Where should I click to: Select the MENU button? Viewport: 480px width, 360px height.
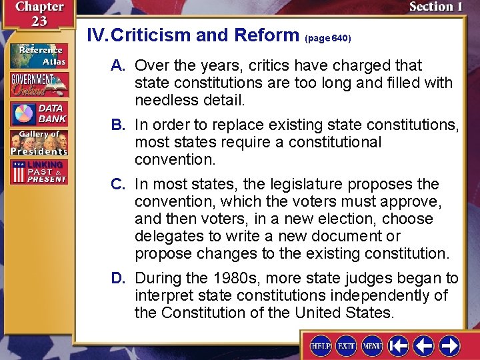point(372,346)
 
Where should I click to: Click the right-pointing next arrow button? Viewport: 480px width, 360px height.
point(449,346)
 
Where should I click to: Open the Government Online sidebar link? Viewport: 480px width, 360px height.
point(38,85)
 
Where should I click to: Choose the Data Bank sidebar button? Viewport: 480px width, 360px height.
point(38,113)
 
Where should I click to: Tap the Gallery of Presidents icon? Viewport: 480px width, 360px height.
point(38,142)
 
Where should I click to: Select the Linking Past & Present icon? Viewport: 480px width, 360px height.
point(38,171)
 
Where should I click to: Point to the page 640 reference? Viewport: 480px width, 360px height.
point(327,39)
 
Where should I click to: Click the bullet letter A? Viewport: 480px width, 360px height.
point(118,65)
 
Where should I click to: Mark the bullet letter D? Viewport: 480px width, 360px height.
point(118,278)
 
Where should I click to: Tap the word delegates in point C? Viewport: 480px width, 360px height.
point(165,236)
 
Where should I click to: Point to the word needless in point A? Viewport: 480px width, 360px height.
point(165,100)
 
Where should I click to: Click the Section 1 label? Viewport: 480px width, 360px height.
point(435,7)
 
